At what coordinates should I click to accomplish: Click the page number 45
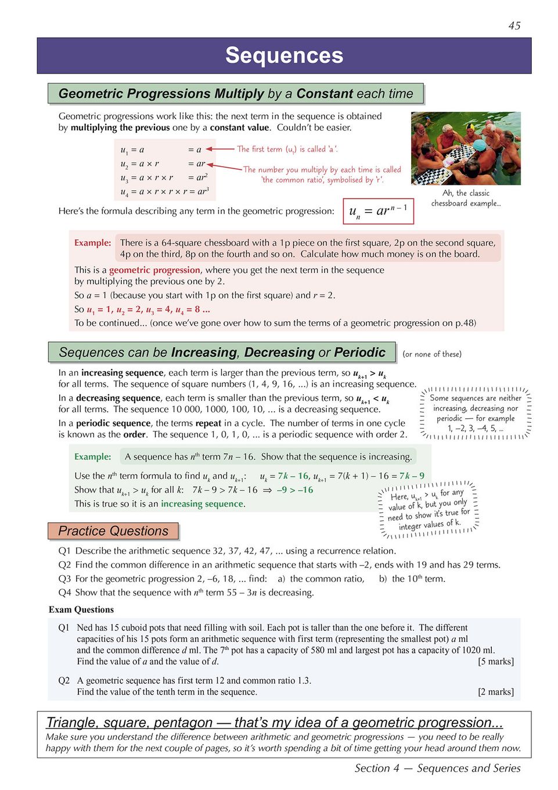(x=514, y=26)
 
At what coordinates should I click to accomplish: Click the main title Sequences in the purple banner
(x=284, y=55)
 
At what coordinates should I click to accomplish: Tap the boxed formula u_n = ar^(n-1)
(x=378, y=211)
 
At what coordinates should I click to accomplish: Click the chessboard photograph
(x=466, y=148)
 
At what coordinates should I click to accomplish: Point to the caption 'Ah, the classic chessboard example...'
(x=466, y=198)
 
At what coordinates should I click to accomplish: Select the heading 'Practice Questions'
(x=113, y=531)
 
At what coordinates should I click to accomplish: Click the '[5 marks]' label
(x=495, y=662)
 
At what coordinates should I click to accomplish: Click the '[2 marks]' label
(x=495, y=692)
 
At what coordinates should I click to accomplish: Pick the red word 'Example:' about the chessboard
(x=92, y=243)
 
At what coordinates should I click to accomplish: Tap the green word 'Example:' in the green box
(x=92, y=457)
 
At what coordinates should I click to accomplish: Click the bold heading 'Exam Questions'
(x=81, y=609)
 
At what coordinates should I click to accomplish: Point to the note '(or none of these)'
(x=432, y=354)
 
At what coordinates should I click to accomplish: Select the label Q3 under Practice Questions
(x=64, y=579)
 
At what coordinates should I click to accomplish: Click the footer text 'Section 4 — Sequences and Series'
(x=437, y=768)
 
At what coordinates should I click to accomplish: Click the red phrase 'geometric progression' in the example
(x=154, y=270)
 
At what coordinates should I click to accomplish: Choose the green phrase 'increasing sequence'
(x=202, y=504)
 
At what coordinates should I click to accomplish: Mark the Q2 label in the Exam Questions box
(x=64, y=680)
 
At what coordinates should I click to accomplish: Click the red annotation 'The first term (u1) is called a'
(x=287, y=149)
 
